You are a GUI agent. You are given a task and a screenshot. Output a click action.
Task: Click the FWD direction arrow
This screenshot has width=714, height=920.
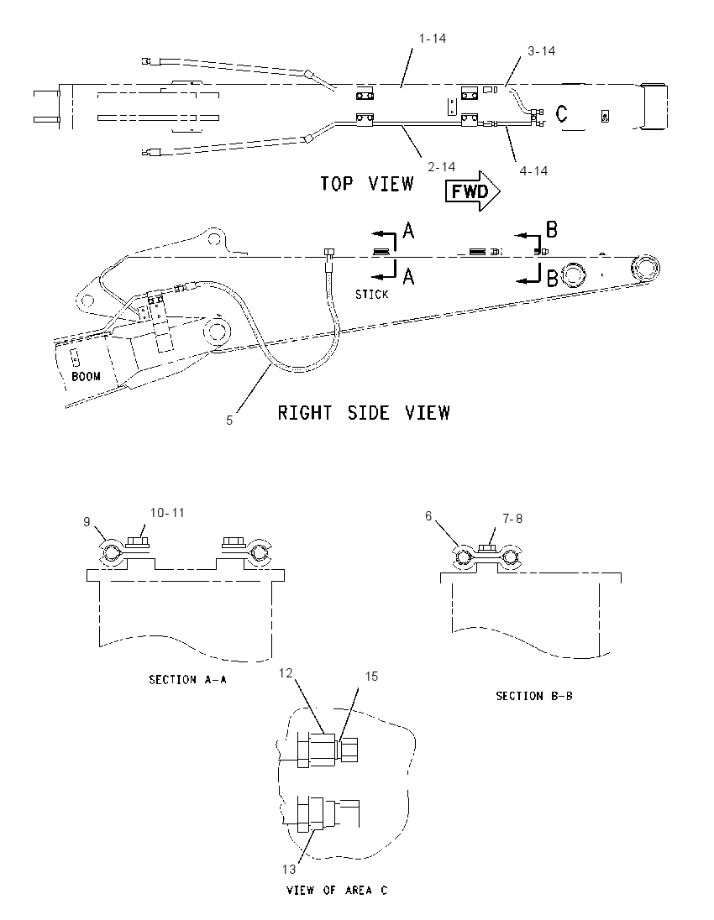[473, 191]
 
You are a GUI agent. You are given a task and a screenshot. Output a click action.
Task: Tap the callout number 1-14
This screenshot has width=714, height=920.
[432, 38]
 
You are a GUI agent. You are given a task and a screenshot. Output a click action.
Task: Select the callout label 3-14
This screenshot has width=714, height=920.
[541, 51]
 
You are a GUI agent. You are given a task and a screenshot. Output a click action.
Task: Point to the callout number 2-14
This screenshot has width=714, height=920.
[442, 167]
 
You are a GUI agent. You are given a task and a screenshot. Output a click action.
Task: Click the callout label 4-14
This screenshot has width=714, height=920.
[533, 170]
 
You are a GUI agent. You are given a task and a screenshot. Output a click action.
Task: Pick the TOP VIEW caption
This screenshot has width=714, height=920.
[367, 184]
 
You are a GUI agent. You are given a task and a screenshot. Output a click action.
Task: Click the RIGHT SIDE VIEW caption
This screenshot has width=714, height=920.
[364, 412]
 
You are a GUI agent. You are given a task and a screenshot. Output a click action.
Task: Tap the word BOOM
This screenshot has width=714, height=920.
[86, 376]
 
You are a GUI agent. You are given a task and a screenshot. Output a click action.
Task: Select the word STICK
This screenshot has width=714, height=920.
[371, 294]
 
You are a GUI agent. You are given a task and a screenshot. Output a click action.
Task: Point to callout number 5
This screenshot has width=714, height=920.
[229, 421]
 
